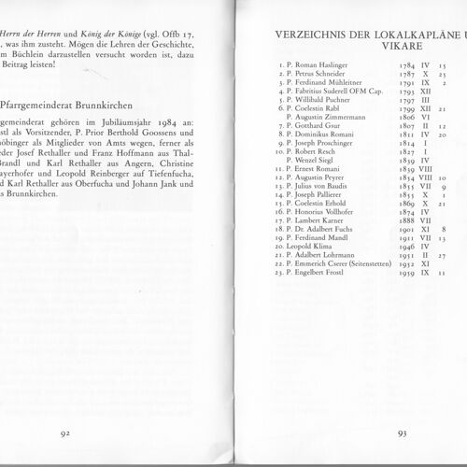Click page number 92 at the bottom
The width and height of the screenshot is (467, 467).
click(x=66, y=432)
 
